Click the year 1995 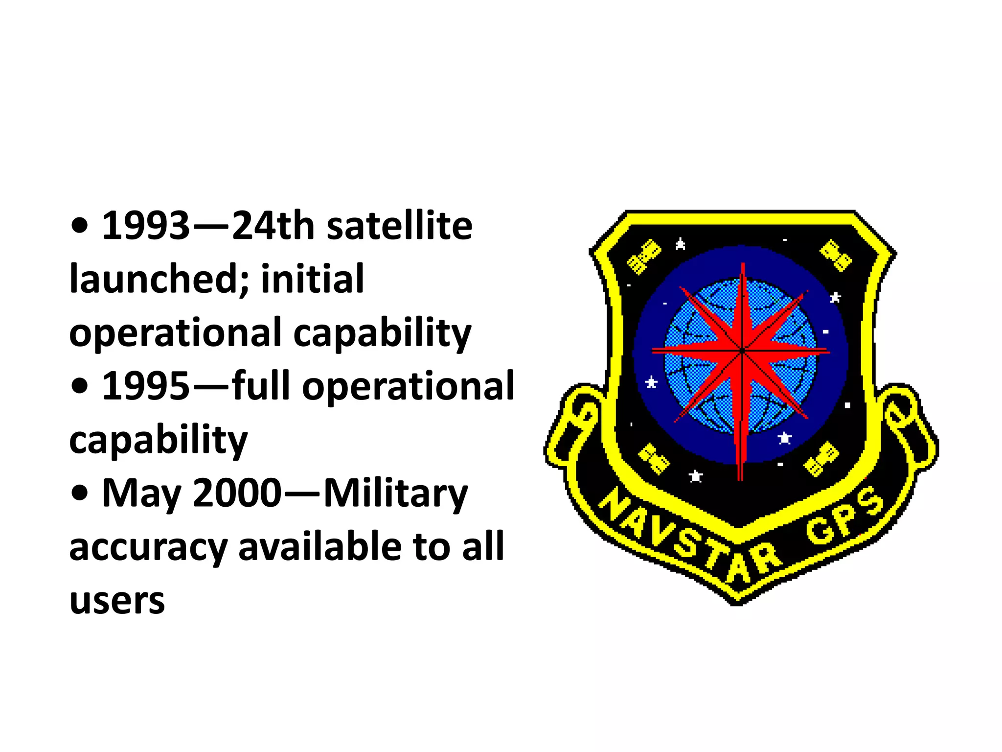[x=145, y=386]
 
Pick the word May [x=141, y=493]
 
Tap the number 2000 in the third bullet [x=237, y=493]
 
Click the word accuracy [x=148, y=547]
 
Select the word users [x=117, y=600]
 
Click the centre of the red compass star [x=742, y=351]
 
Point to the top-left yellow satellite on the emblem [x=644, y=257]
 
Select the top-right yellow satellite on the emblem [x=836, y=255]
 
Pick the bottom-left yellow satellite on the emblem [x=654, y=459]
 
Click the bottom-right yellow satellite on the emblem [x=821, y=459]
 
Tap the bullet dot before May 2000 [x=79, y=493]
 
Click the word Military [x=395, y=493]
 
